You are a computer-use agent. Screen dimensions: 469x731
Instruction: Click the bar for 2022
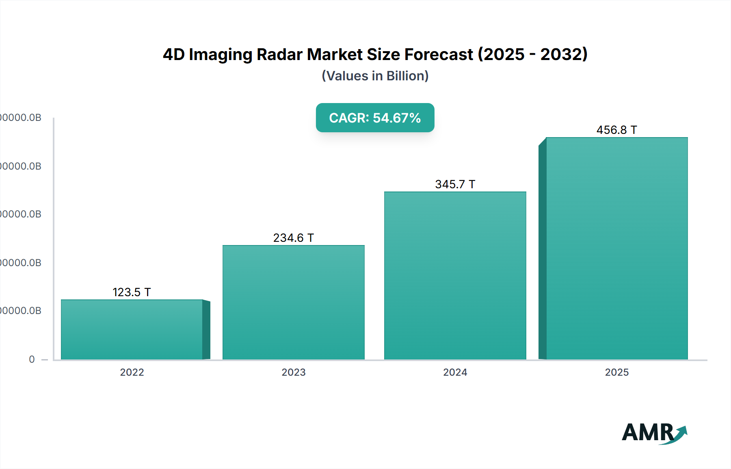click(132, 329)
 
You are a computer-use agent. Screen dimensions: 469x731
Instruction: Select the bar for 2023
click(293, 302)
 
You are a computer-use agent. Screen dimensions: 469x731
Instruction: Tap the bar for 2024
click(455, 276)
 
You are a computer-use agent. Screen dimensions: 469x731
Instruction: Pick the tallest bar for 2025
click(616, 248)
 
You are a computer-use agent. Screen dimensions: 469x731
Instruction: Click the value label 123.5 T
click(132, 292)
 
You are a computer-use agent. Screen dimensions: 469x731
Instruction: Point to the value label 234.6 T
click(293, 238)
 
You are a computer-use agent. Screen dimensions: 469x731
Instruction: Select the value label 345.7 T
click(455, 184)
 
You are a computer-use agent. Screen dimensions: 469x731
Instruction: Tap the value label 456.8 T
click(616, 130)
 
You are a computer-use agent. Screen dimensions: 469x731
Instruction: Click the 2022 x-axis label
click(132, 372)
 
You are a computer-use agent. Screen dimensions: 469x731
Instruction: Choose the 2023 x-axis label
click(293, 372)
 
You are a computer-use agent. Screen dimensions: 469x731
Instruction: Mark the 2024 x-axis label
click(455, 372)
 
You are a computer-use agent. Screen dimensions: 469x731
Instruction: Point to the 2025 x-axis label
click(616, 372)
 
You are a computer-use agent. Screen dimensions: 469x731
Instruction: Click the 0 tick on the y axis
click(32, 359)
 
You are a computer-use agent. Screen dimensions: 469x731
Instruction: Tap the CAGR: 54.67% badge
click(375, 118)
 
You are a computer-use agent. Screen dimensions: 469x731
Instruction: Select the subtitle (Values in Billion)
click(375, 76)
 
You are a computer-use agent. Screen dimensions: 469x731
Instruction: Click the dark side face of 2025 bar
click(542, 252)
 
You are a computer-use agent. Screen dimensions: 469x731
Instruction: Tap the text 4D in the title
click(174, 54)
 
